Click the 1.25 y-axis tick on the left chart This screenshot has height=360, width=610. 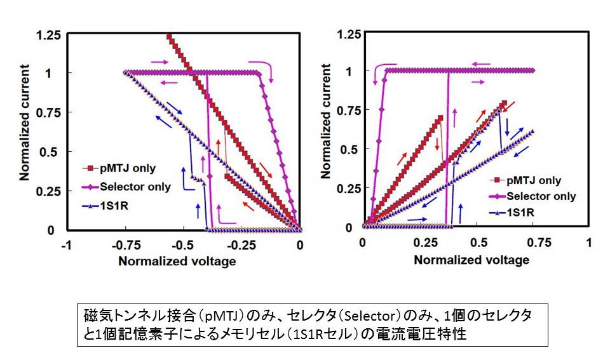[49, 34]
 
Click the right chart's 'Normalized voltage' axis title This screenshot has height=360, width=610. [471, 260]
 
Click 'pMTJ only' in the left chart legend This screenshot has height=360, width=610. [127, 168]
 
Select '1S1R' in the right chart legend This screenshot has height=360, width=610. [521, 213]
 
